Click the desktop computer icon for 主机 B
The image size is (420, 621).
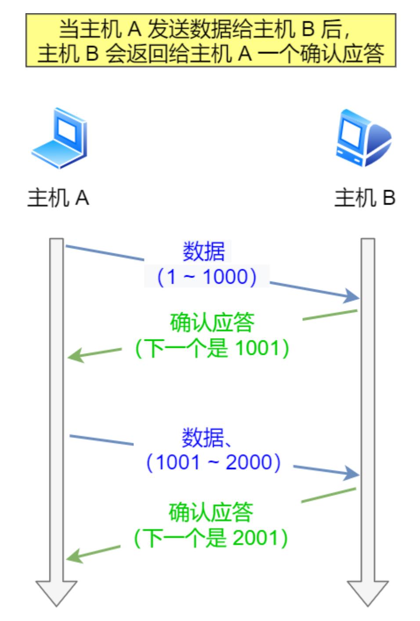click(x=363, y=138)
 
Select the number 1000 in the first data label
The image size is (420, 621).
click(x=225, y=277)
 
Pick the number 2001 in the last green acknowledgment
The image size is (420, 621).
click(x=255, y=538)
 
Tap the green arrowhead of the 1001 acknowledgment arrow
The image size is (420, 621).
click(x=76, y=355)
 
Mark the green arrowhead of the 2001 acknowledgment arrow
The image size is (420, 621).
click(x=75, y=556)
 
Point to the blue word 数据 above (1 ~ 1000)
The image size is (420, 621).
click(x=203, y=251)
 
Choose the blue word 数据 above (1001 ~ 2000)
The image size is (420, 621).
click(x=203, y=437)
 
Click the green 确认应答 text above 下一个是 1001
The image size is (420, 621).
click(x=212, y=322)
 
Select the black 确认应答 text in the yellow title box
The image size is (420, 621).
click(x=343, y=53)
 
